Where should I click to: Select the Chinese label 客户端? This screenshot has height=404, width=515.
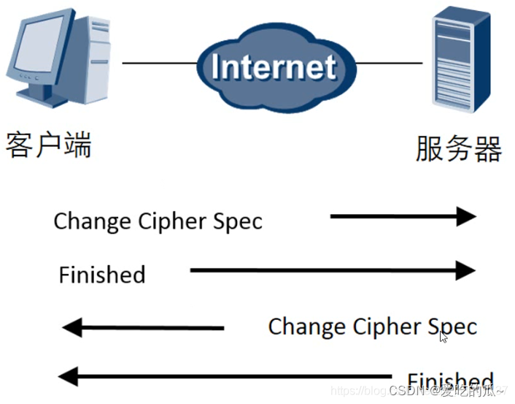coord(49,144)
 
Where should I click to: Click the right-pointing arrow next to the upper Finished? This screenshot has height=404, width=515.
coord(332,271)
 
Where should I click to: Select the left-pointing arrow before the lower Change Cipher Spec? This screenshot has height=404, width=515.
coord(143,328)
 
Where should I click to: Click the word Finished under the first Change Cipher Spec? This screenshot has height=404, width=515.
coord(102,275)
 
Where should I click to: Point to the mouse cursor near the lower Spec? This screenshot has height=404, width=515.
coord(444,336)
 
